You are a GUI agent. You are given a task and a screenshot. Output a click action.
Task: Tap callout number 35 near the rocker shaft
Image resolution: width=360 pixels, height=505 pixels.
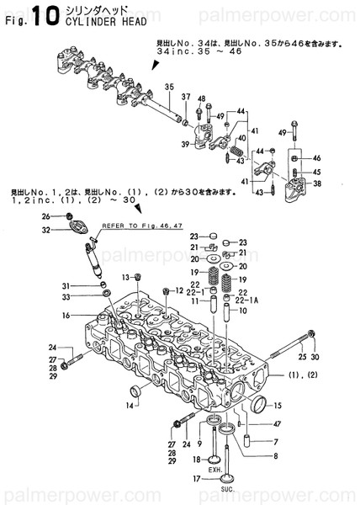click(x=168, y=87)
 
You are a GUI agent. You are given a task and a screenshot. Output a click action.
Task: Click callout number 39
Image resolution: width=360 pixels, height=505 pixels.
click(x=184, y=144)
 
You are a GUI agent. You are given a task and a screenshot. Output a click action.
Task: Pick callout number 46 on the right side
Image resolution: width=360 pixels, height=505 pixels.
click(x=317, y=158)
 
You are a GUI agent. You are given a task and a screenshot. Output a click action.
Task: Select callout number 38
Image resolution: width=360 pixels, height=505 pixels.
click(x=317, y=183)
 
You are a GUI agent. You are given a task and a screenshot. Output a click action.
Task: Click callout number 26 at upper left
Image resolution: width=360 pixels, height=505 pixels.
click(x=46, y=217)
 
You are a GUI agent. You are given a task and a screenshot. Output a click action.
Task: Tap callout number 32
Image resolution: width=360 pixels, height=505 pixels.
click(x=46, y=229)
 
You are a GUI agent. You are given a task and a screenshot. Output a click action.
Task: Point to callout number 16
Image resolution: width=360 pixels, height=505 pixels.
click(x=65, y=316)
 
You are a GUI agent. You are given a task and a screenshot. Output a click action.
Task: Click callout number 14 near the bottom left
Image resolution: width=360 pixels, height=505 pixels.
click(x=130, y=407)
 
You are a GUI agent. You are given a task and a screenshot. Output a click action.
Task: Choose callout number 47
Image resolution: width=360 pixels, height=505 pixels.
click(x=276, y=424)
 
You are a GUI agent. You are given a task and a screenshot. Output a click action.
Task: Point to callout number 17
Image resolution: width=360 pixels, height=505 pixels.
click(x=195, y=480)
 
